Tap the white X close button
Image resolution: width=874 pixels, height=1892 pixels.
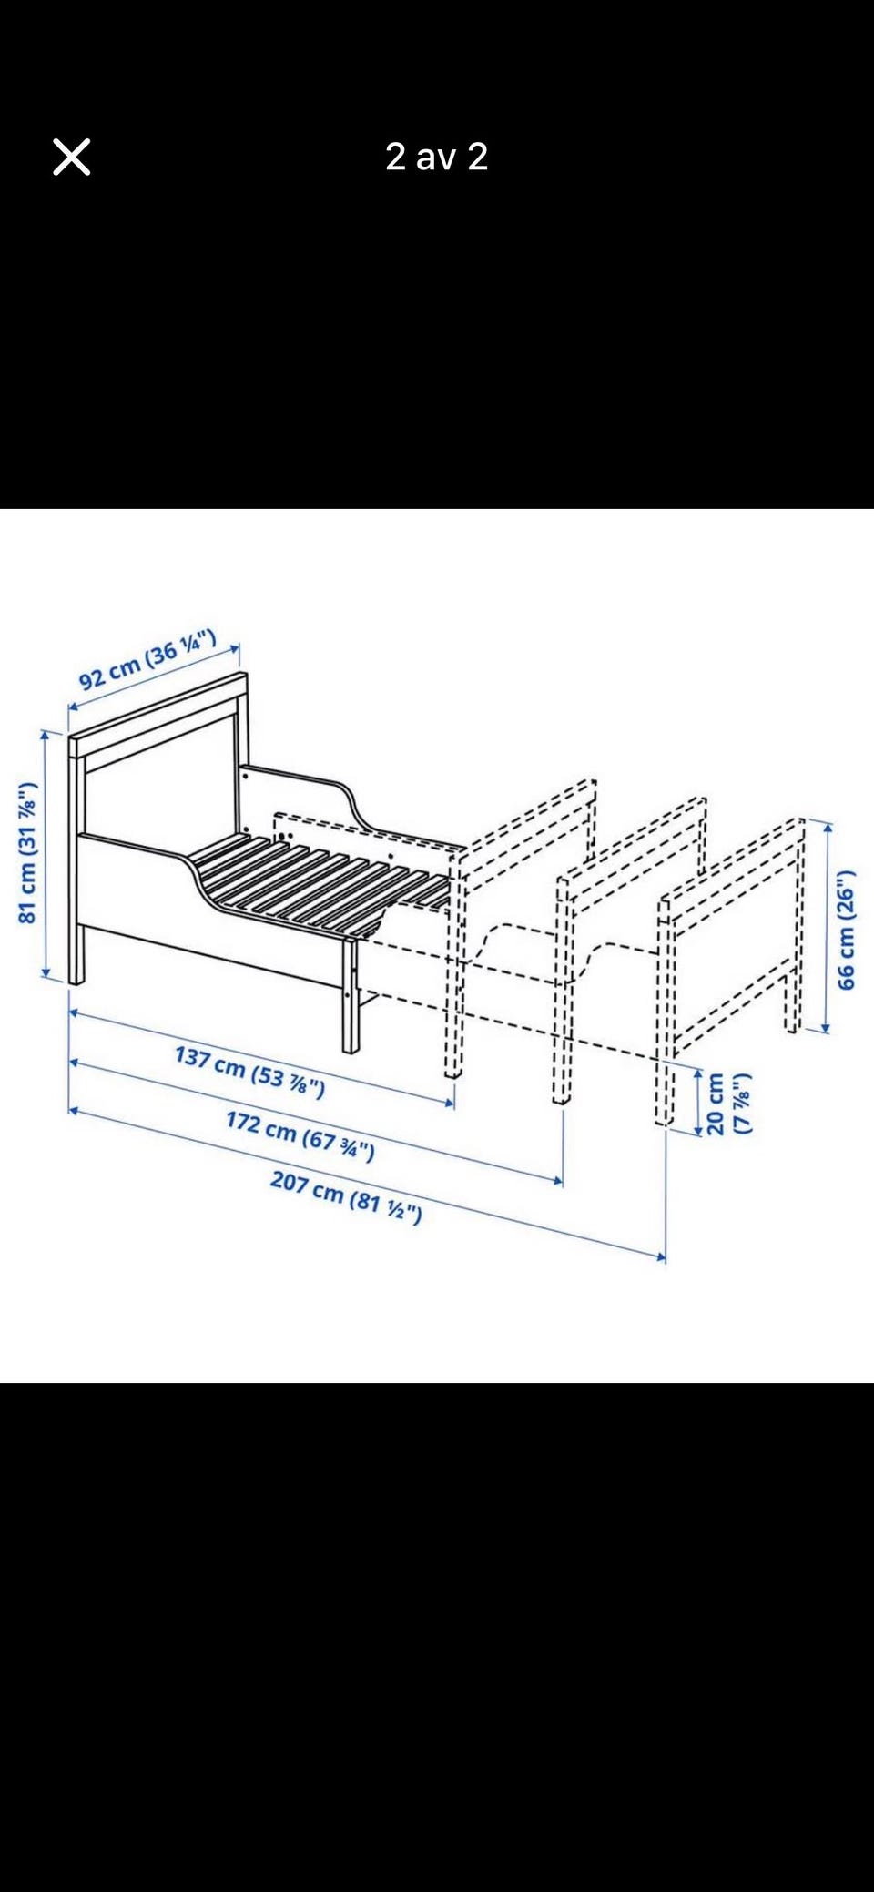coord(72,157)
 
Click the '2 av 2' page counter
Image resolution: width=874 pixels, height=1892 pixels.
coord(437,157)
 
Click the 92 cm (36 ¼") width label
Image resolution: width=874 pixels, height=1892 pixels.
coord(147,659)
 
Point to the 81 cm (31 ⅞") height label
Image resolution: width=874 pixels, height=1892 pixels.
coord(27,852)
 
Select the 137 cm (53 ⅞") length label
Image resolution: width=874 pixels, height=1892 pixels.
coord(249,1072)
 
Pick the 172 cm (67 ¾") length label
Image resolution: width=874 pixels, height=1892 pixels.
coord(300,1136)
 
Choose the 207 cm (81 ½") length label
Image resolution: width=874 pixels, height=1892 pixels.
coord(346,1197)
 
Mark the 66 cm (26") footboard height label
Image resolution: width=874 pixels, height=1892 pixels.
coord(846,930)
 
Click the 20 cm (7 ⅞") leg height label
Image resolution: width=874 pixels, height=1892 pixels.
coord(729,1104)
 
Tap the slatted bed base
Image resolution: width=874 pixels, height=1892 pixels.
coord(319,880)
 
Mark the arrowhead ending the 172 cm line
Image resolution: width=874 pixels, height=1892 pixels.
coord(556,1181)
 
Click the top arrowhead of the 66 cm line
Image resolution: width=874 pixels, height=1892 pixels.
coord(826,827)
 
